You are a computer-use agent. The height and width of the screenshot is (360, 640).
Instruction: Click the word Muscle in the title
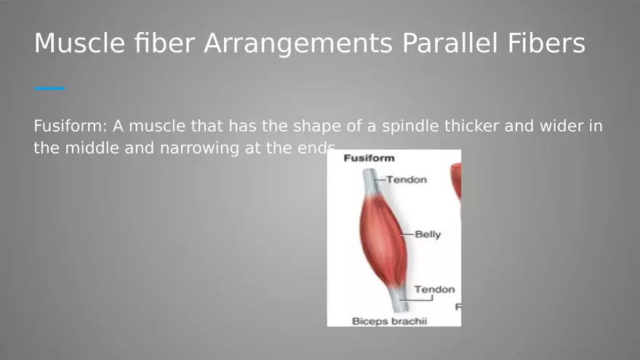tap(79, 43)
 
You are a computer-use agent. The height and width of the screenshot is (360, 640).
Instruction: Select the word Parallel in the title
tap(449, 43)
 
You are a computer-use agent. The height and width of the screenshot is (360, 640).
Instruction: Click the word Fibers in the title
tap(546, 43)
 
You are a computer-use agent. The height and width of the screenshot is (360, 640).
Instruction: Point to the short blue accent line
tap(49, 88)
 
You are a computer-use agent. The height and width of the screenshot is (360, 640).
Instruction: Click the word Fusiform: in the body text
tap(71, 126)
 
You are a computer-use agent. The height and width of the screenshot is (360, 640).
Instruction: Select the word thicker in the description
tap(471, 126)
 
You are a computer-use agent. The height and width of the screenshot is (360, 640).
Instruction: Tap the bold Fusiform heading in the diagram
tap(369, 159)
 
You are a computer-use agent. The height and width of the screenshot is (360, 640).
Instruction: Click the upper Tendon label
tap(407, 180)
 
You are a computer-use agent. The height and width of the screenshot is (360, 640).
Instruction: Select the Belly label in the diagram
tap(428, 235)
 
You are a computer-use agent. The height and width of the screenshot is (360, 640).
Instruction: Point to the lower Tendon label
tap(434, 289)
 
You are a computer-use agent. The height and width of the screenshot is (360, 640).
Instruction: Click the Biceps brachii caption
tap(389, 321)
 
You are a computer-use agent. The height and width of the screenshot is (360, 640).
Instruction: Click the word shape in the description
tap(317, 126)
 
